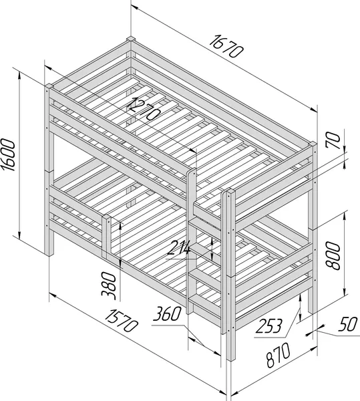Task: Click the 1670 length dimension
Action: tap(225, 46)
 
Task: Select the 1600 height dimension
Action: tap(8, 155)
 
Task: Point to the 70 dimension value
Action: tap(333, 140)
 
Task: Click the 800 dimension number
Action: tap(333, 256)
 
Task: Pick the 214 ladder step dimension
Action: tap(179, 248)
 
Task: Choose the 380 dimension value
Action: tap(109, 285)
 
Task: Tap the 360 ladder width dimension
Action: tap(167, 314)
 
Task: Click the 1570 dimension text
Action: tap(121, 320)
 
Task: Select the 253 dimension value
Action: tap(269, 326)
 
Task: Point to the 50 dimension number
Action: tap(348, 324)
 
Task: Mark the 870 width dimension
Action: tap(279, 356)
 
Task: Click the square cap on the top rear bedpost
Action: tap(131, 39)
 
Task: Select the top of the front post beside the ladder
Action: tap(230, 191)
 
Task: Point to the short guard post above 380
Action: tap(107, 237)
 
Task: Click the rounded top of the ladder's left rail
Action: tap(192, 170)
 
